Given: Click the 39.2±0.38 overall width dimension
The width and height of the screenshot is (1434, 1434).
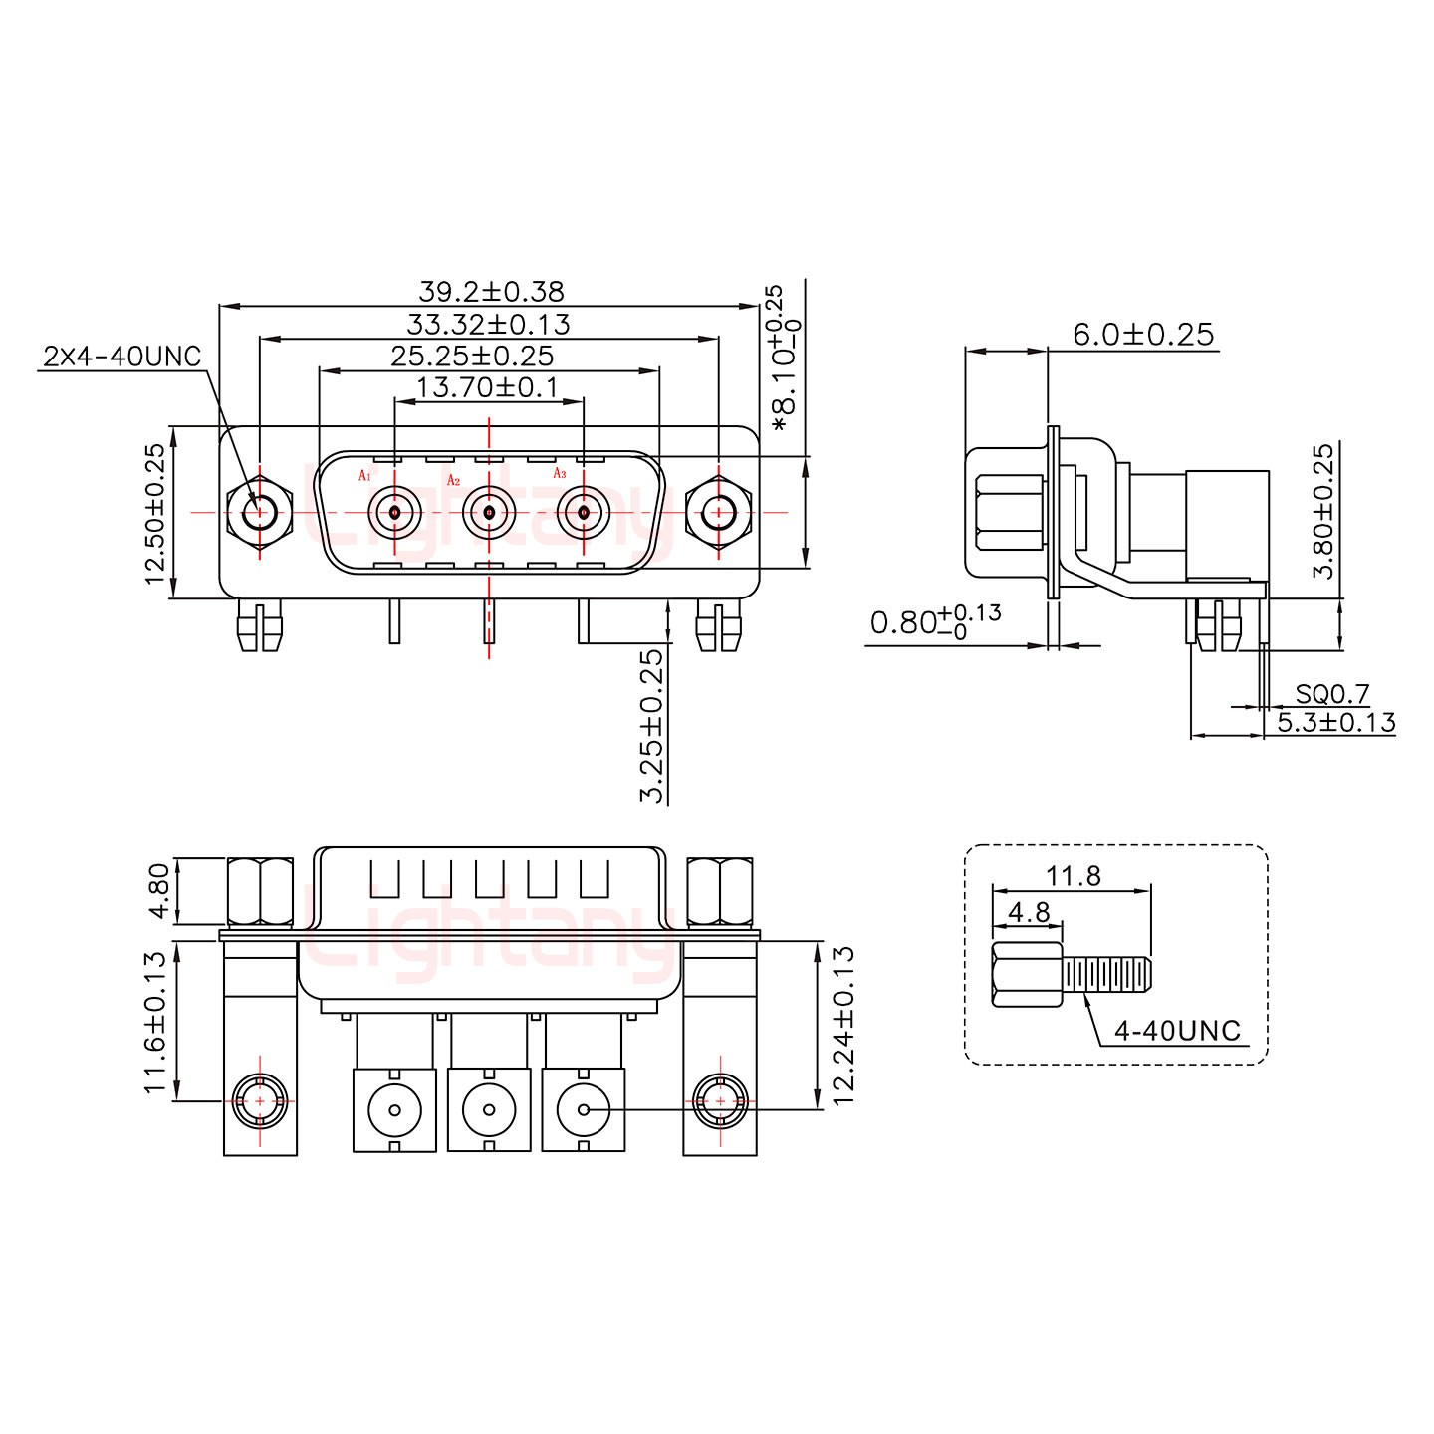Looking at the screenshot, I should tap(491, 292).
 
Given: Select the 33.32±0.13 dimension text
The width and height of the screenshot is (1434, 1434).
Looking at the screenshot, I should tap(488, 324).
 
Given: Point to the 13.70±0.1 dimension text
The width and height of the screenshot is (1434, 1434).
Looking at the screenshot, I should tap(487, 387).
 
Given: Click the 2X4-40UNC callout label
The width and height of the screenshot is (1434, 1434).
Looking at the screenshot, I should tap(121, 357).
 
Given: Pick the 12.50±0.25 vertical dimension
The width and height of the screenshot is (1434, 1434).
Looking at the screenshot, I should tap(155, 514).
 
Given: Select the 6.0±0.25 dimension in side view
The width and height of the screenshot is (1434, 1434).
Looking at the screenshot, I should tap(1143, 335).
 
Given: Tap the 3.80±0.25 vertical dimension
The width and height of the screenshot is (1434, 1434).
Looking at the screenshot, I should tap(1322, 512).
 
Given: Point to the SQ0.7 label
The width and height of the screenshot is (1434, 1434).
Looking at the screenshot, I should tap(1332, 693).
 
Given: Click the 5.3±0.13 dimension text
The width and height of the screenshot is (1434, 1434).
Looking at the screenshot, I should tap(1336, 723).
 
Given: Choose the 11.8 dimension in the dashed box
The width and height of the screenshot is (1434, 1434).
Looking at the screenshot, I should tap(1074, 876).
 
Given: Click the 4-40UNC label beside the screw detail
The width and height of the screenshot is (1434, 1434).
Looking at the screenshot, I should tap(1178, 1031).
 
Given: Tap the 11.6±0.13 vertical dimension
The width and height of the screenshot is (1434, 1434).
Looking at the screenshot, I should tap(155, 1022).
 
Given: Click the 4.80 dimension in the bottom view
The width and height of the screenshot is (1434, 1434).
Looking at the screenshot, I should tap(155, 890).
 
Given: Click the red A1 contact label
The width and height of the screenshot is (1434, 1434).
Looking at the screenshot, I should tap(364, 476).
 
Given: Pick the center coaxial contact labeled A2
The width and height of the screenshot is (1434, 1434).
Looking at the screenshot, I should tap(489, 513).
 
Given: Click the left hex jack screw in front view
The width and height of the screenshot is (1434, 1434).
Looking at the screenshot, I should tap(259, 514).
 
